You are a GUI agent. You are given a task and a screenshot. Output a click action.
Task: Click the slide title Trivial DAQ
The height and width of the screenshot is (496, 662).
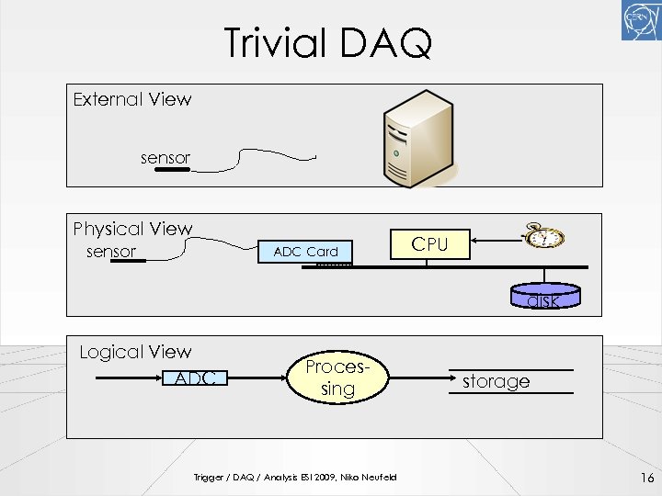(x=328, y=42)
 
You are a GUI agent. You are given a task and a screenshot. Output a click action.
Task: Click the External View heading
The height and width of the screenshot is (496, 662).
(x=132, y=99)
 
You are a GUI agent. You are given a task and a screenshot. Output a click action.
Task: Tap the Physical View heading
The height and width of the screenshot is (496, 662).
(x=133, y=229)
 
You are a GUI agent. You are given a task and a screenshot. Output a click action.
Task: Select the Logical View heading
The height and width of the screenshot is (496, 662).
(x=135, y=352)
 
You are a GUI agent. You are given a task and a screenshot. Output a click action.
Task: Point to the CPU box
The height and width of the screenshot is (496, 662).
(x=429, y=244)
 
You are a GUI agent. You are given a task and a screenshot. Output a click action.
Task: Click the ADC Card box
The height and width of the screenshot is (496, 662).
(x=305, y=252)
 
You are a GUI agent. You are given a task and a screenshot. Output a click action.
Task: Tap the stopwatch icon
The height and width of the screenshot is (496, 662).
(x=545, y=238)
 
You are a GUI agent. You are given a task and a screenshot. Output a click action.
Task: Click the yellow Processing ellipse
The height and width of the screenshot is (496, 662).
(x=337, y=378)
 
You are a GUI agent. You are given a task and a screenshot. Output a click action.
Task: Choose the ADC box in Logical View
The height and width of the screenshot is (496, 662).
(x=195, y=378)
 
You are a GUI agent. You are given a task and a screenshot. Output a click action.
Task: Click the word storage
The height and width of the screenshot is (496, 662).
(x=496, y=381)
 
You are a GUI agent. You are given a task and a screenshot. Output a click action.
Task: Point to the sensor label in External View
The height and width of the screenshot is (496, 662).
(x=165, y=158)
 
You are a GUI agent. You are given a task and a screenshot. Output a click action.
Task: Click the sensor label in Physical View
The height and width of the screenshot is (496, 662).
(x=110, y=252)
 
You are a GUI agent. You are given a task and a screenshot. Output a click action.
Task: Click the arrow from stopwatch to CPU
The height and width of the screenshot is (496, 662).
(x=497, y=243)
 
